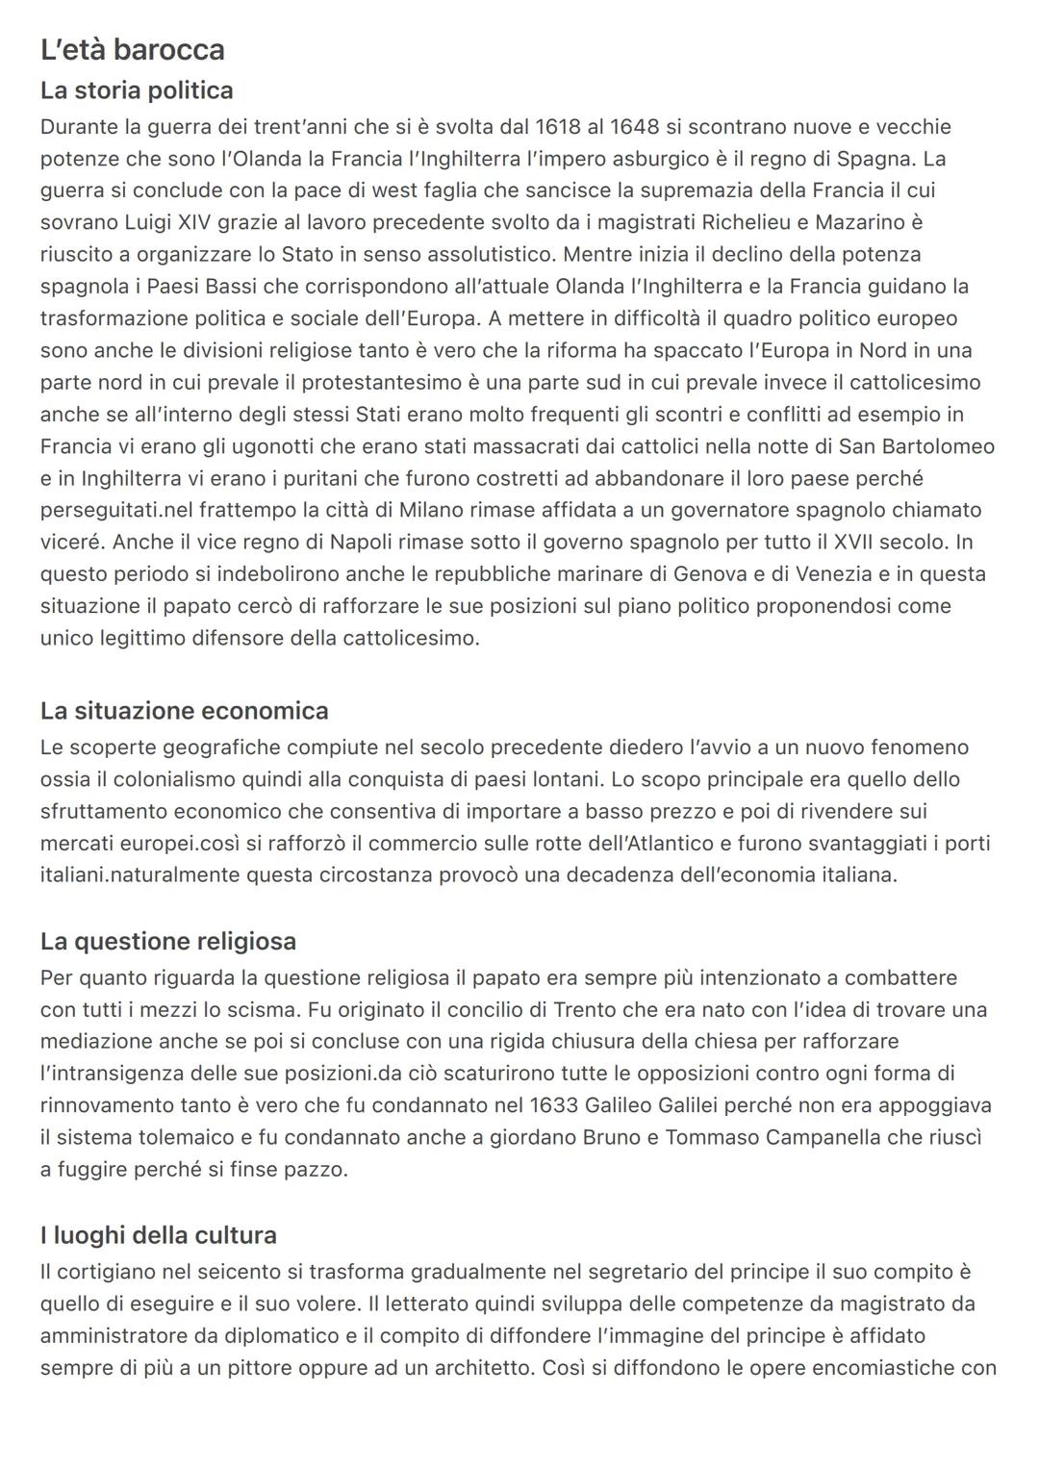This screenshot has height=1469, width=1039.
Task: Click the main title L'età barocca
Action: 133,49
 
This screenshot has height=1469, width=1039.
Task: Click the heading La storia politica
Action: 137,90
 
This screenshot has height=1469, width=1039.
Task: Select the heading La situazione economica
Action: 184,711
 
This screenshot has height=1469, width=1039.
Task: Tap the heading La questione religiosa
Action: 167,941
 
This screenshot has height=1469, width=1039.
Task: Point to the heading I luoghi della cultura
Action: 158,1235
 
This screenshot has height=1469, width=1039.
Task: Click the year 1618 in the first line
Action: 557,127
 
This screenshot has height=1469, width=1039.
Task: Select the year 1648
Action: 634,127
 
